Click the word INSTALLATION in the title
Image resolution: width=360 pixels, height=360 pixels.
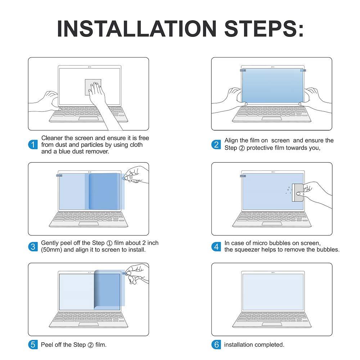(x=136, y=28)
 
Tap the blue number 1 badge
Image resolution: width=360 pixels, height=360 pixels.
(x=33, y=145)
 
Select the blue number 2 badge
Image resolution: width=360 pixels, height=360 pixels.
(x=216, y=144)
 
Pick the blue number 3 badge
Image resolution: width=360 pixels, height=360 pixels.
(x=33, y=247)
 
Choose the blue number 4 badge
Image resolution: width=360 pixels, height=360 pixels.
(x=216, y=247)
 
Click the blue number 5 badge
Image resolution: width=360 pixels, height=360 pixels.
(x=33, y=345)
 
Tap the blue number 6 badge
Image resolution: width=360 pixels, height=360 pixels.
(x=216, y=345)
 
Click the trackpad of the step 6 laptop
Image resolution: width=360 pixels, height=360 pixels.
(x=272, y=324)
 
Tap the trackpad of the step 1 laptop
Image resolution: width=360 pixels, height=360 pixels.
(x=89, y=118)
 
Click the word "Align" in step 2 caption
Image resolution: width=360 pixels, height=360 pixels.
(x=231, y=140)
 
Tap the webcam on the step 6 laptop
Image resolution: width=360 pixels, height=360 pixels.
(x=273, y=273)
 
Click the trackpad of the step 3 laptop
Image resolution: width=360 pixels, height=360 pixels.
(x=89, y=224)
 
